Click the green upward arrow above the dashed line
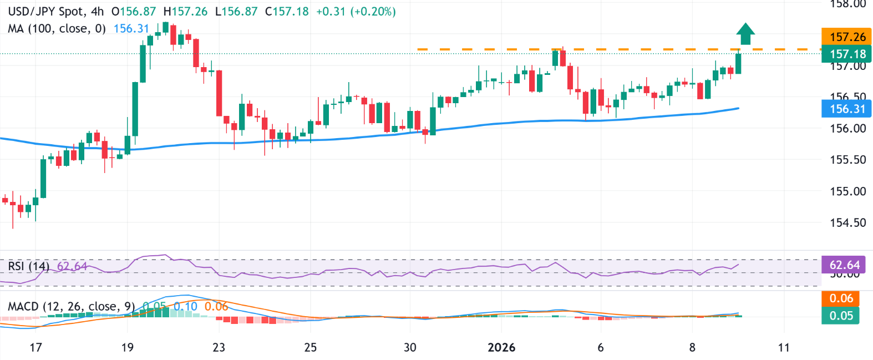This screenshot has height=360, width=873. (745, 34)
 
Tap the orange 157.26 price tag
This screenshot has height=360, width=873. (847, 37)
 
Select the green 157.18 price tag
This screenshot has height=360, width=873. (847, 54)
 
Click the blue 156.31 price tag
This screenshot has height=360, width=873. (847, 109)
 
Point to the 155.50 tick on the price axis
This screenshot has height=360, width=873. (847, 160)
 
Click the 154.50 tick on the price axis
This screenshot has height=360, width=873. (847, 222)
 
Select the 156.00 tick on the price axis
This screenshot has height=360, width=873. (847, 128)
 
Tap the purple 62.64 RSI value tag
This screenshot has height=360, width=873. (844, 265)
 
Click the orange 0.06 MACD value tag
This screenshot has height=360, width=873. (841, 298)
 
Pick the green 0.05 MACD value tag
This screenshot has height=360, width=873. (841, 316)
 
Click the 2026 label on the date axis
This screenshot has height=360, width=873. (501, 348)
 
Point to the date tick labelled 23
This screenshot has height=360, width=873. (219, 348)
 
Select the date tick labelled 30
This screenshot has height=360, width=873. (410, 348)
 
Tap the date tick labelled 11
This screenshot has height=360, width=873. (783, 348)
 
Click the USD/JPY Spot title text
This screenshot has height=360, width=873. (47, 12)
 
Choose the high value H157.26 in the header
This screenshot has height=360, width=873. (185, 12)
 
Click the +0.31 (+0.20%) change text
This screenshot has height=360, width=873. (356, 12)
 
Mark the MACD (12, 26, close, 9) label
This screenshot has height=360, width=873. (71, 307)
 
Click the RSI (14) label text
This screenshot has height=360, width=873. (28, 266)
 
